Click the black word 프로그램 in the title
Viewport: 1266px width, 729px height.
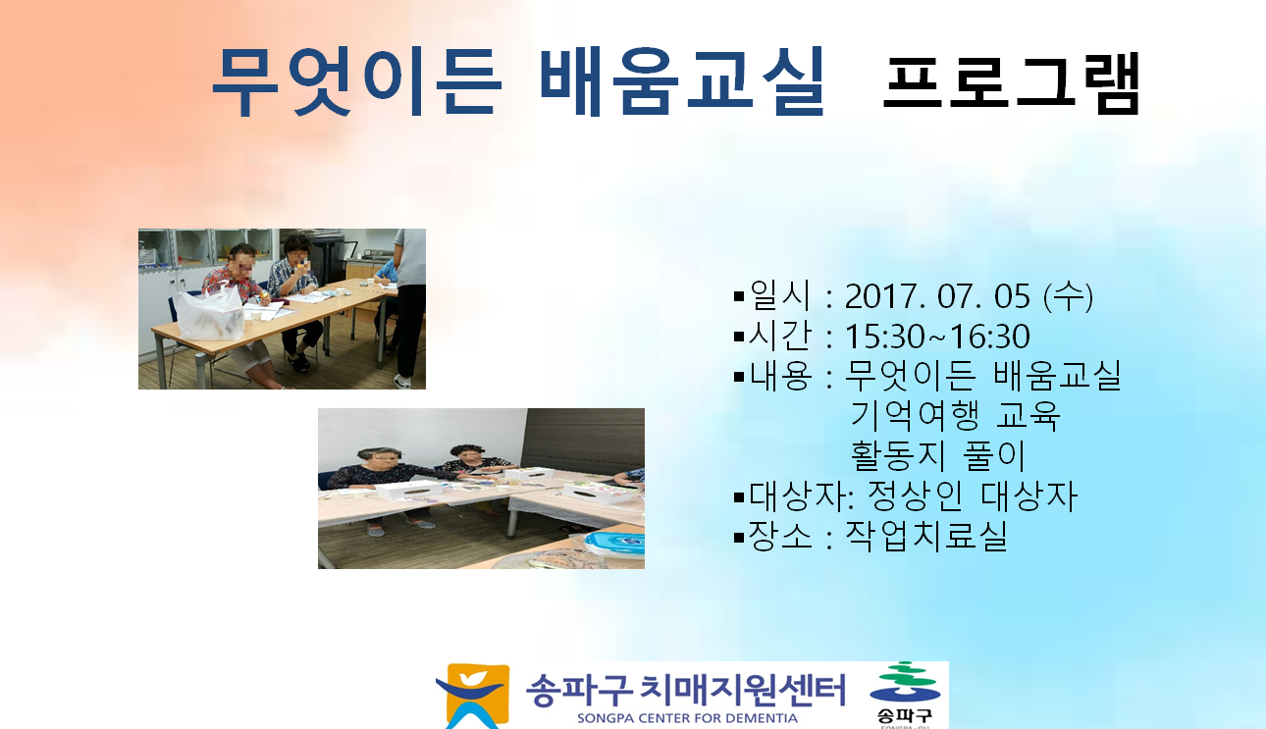click(1012, 83)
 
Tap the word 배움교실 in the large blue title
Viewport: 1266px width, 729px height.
click(682, 81)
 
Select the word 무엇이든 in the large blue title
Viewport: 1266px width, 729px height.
click(357, 81)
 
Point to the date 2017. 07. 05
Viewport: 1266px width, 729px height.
click(937, 296)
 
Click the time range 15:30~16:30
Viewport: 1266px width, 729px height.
click(937, 337)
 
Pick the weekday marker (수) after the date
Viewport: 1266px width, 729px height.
click(1068, 296)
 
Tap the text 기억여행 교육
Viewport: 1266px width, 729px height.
click(955, 415)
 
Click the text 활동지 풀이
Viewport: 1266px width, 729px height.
click(938, 455)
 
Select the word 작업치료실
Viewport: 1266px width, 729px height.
click(926, 535)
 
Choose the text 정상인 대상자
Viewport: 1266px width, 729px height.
click(973, 495)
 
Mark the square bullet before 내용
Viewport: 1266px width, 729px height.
click(739, 377)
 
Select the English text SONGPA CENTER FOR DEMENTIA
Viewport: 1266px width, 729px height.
click(687, 718)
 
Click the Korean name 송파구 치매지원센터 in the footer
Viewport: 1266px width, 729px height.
click(686, 690)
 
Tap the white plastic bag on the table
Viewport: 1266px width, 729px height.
click(210, 313)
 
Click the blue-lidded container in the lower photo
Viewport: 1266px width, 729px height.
click(614, 544)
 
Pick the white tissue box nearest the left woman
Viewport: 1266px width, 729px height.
click(408, 490)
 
